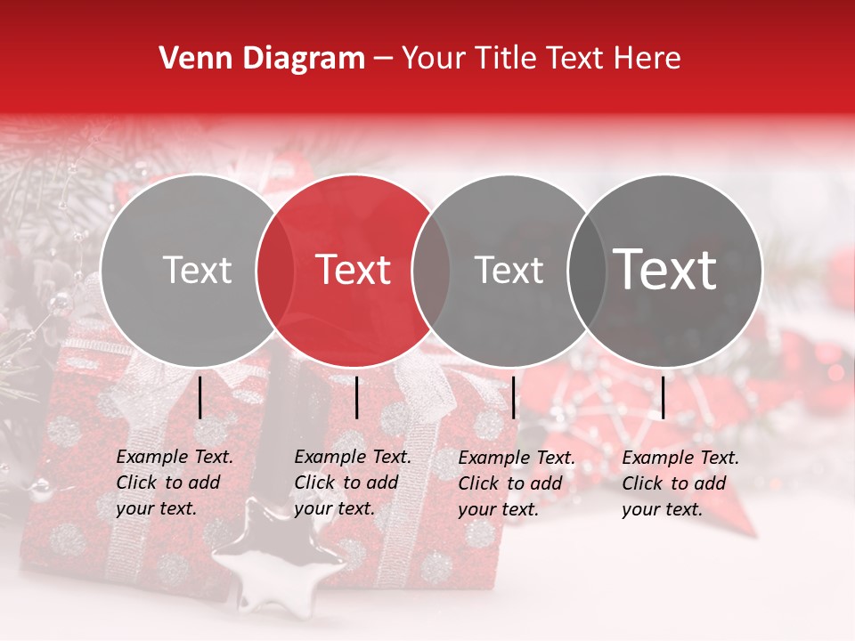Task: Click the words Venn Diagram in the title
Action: tap(262, 59)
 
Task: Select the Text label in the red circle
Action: tap(353, 270)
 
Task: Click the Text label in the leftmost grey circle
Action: tap(198, 270)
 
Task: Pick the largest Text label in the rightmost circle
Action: tap(664, 269)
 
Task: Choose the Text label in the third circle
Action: tap(509, 270)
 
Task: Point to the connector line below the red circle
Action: tap(356, 397)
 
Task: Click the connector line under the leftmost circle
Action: tap(200, 397)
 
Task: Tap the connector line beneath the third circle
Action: tap(514, 397)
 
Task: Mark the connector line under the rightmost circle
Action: tap(663, 397)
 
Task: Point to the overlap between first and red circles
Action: tap(275, 270)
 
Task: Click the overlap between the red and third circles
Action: tap(430, 270)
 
